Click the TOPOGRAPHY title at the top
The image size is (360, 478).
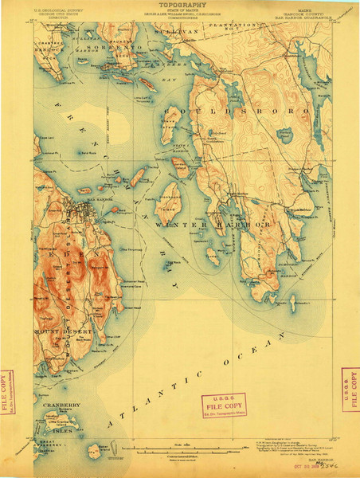coord(179,4)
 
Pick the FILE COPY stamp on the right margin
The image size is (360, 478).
coord(349,389)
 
